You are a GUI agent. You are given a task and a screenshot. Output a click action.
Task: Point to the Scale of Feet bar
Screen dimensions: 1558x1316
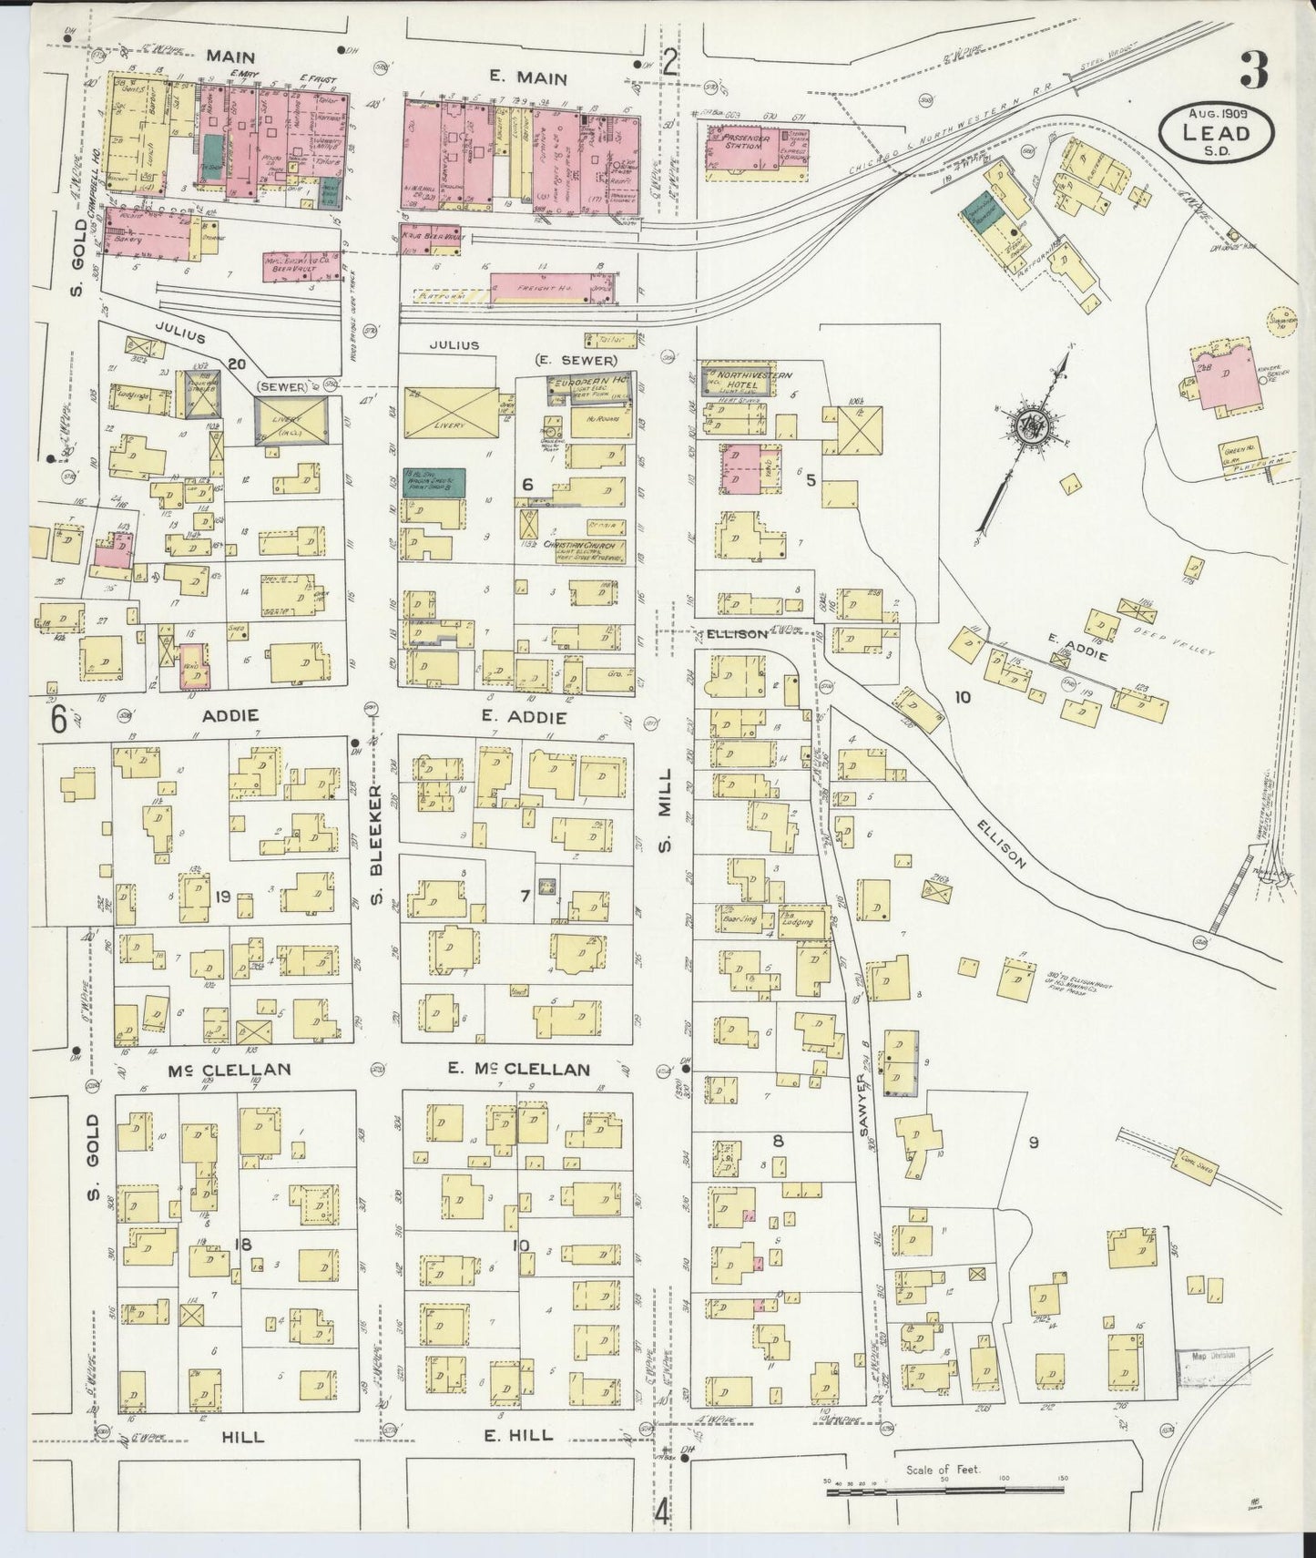[x=943, y=1491]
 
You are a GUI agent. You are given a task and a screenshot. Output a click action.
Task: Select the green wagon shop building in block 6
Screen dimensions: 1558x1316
[x=434, y=482]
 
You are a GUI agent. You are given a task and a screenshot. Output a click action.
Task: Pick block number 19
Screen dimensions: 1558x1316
[x=222, y=897]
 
